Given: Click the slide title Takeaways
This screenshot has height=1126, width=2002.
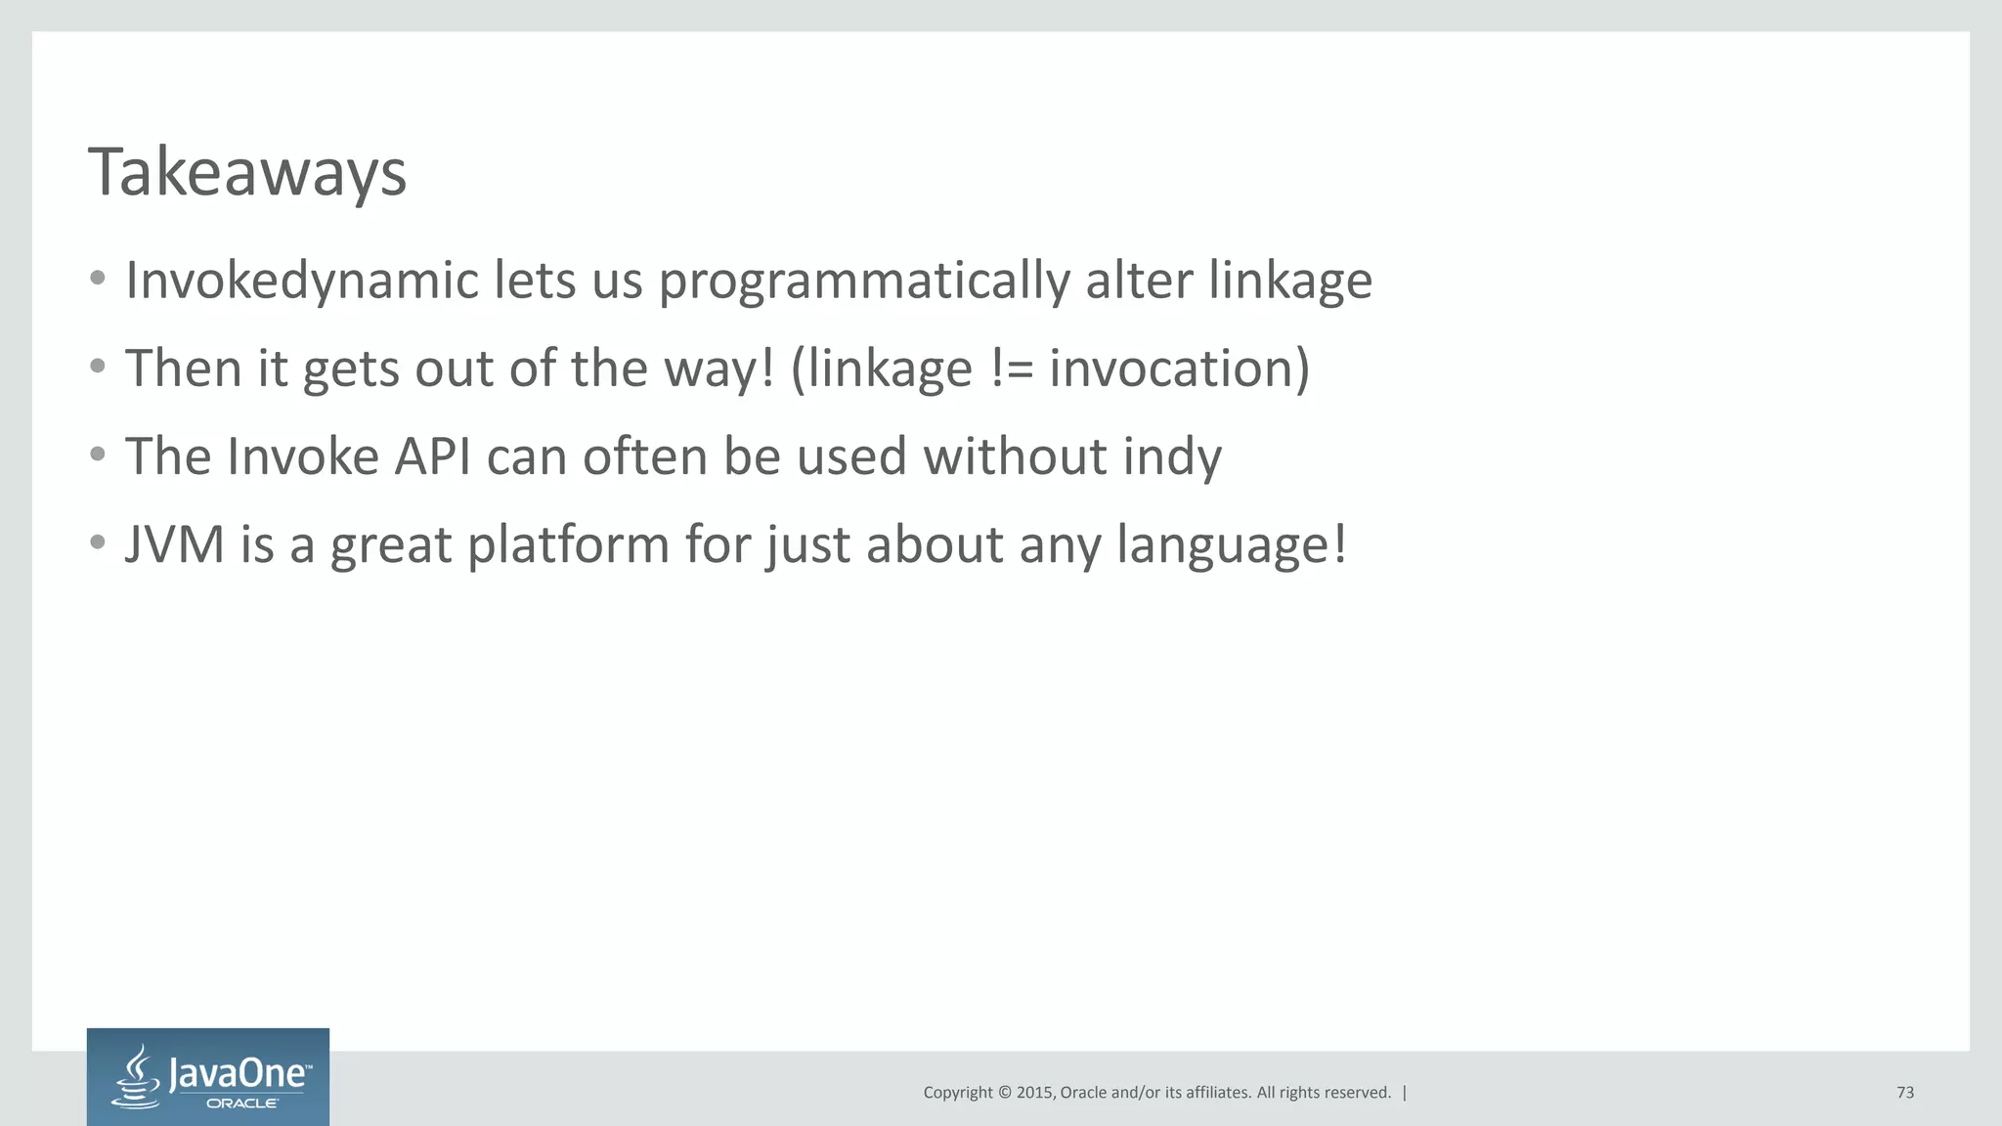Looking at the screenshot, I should [246, 173].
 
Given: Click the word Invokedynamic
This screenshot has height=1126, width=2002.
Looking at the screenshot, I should [302, 281].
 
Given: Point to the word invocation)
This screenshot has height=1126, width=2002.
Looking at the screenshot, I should [1179, 368].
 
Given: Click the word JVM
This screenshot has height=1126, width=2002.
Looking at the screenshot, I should [175, 544].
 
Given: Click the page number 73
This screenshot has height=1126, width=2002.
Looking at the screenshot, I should [1904, 1093].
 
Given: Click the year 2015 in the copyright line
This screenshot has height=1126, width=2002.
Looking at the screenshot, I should [1034, 1093].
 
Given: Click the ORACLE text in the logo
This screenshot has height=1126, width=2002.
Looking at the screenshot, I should [242, 1104].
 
